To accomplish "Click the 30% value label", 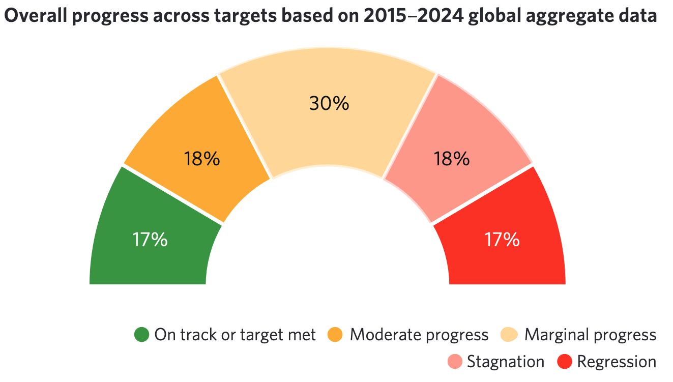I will coord(329,103).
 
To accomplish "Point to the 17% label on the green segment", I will coord(150,240).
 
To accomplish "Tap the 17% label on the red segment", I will coord(502,240).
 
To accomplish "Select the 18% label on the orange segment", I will coord(202,159).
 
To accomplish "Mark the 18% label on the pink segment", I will coord(451,159).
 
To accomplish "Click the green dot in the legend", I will coord(141,335).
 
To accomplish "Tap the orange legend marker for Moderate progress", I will coord(336,335).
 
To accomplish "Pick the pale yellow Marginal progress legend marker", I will coord(509,335).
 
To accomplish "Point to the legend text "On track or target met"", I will coord(235,335).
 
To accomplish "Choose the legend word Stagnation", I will coord(506,362).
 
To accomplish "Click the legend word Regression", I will coord(617,362).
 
